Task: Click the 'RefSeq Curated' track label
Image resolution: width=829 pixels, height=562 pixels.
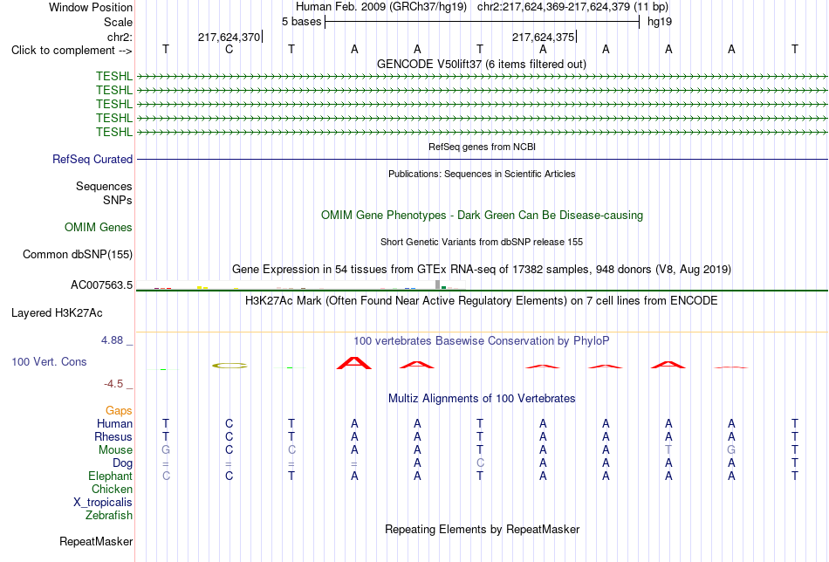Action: pos(92,159)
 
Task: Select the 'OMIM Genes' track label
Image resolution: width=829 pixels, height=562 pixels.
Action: pos(99,228)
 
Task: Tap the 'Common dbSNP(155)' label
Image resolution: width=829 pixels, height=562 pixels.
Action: pos(78,254)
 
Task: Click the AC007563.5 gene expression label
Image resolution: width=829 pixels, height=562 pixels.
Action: pos(101,285)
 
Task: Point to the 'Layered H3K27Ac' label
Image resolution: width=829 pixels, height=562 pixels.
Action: pos(57,313)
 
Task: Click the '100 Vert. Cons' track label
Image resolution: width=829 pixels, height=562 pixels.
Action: pos(49,361)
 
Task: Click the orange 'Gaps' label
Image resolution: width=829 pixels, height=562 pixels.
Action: pos(119,411)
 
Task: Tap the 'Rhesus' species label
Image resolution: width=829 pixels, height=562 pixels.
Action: pos(113,436)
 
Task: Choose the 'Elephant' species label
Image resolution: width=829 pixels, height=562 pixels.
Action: pos(111,476)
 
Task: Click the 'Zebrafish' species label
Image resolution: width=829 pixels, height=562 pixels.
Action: pos(109,515)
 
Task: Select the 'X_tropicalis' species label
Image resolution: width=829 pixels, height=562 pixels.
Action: pos(103,503)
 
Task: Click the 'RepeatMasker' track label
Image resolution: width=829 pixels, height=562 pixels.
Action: pos(96,541)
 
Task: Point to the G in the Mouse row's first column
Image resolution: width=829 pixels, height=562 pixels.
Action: pos(166,450)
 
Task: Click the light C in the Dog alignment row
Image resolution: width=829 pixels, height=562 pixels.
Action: pos(480,463)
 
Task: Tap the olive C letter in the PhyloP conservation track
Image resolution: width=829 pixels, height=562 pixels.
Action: pos(230,366)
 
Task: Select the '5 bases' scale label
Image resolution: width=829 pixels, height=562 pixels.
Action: pos(301,22)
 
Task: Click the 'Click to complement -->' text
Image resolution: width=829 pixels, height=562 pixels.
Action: pos(72,51)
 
